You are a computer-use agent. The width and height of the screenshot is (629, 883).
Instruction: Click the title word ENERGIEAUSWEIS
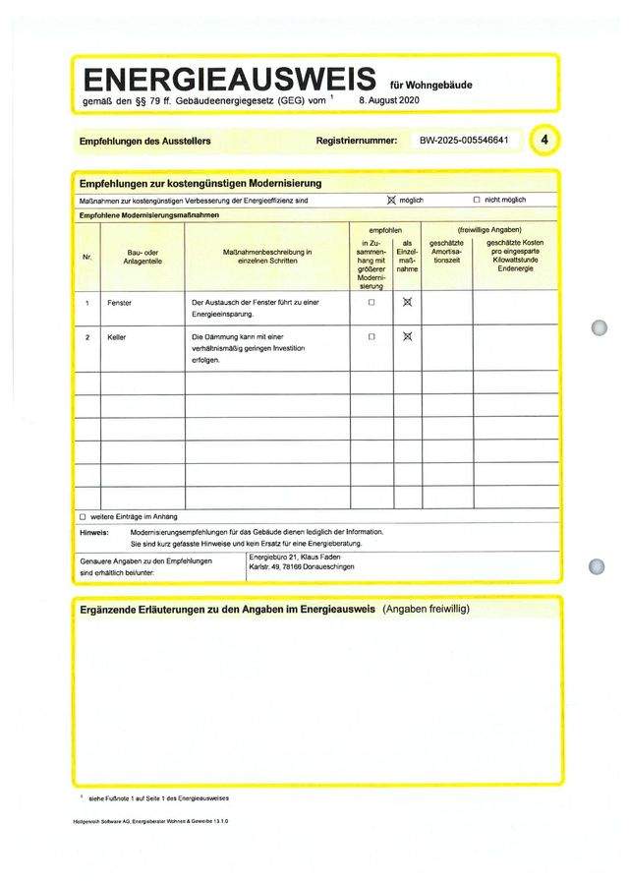[228, 80]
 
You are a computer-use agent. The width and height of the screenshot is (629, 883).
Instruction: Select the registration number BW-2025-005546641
[464, 141]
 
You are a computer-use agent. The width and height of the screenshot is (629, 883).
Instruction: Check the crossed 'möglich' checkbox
[390, 200]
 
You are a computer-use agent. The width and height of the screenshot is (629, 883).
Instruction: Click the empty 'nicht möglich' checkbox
[477, 200]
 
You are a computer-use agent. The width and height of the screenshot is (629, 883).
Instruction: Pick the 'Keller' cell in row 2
[118, 337]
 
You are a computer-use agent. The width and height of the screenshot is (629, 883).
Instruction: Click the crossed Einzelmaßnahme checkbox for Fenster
[407, 303]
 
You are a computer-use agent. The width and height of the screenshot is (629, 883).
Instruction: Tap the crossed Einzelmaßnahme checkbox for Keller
[407, 337]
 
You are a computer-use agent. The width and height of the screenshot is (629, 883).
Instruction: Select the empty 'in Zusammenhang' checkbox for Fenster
[372, 303]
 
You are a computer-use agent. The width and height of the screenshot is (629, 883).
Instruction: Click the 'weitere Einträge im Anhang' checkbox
[83, 516]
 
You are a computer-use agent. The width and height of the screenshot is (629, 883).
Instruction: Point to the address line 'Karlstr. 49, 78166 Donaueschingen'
[303, 567]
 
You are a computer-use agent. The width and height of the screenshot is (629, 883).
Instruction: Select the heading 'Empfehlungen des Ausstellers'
[144, 142]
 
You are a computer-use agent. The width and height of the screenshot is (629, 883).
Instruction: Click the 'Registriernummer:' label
[357, 142]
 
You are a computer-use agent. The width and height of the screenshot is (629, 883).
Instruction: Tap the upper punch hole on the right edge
[599, 327]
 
